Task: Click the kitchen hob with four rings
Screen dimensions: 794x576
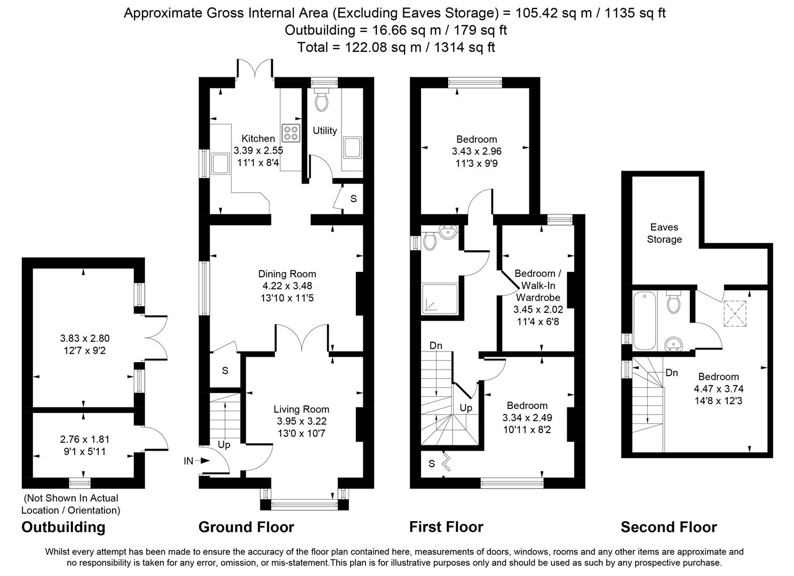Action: tap(291, 133)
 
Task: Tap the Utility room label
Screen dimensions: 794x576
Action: tap(324, 131)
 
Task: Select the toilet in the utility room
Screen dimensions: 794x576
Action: tap(322, 100)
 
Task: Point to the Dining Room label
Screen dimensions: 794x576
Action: tap(287, 274)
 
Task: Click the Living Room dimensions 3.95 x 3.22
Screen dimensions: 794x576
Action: tap(301, 421)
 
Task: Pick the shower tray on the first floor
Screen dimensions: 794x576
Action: tap(440, 299)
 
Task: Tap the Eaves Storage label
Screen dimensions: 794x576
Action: tap(664, 233)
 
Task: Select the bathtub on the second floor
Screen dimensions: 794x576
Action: tap(645, 321)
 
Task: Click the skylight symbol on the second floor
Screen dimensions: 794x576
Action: tap(735, 314)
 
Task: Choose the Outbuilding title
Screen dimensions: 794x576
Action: tap(63, 527)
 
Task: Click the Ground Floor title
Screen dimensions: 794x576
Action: tap(247, 527)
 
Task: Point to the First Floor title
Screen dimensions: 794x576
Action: tap(446, 527)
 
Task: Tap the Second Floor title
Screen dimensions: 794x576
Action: tap(669, 527)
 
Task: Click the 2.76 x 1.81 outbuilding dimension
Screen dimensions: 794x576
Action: tap(85, 439)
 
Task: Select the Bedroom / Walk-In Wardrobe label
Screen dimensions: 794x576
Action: tap(538, 285)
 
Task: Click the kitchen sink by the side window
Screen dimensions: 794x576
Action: tap(220, 164)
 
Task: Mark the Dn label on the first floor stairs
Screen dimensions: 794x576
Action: tap(435, 346)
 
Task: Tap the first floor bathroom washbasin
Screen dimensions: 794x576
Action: tap(448, 232)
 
